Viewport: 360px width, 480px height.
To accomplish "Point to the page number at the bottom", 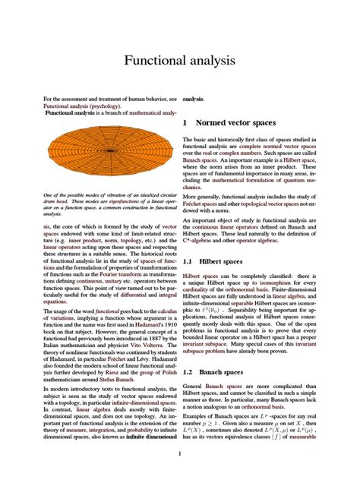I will pos(179,454).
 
